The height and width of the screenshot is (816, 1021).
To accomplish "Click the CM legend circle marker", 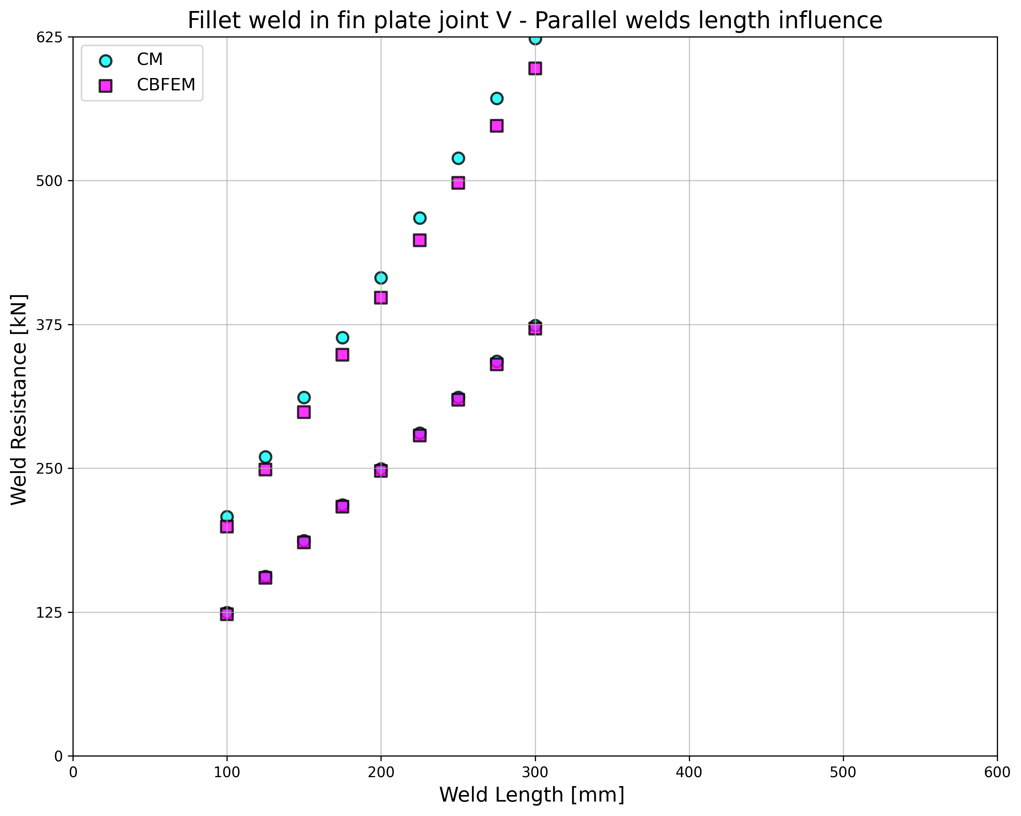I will (x=106, y=60).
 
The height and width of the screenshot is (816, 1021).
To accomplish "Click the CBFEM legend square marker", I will (x=106, y=86).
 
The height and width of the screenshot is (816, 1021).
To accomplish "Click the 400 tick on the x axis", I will (x=689, y=772).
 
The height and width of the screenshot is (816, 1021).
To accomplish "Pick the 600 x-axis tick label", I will (x=997, y=772).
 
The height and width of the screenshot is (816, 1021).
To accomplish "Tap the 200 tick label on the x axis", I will (x=381, y=772).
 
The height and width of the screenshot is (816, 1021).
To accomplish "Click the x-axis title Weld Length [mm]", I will (x=532, y=795).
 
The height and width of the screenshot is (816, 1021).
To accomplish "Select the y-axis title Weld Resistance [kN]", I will (x=19, y=400).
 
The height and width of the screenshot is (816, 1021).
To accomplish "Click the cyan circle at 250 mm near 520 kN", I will (x=458, y=158).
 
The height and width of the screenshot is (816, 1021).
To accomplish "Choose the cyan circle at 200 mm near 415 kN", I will (x=381, y=277).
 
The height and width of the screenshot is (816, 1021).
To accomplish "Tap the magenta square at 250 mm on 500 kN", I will (x=458, y=183).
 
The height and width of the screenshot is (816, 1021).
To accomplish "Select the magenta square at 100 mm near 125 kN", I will (x=227, y=614).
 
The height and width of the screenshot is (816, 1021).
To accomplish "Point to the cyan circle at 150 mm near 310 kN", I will (x=304, y=397).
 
